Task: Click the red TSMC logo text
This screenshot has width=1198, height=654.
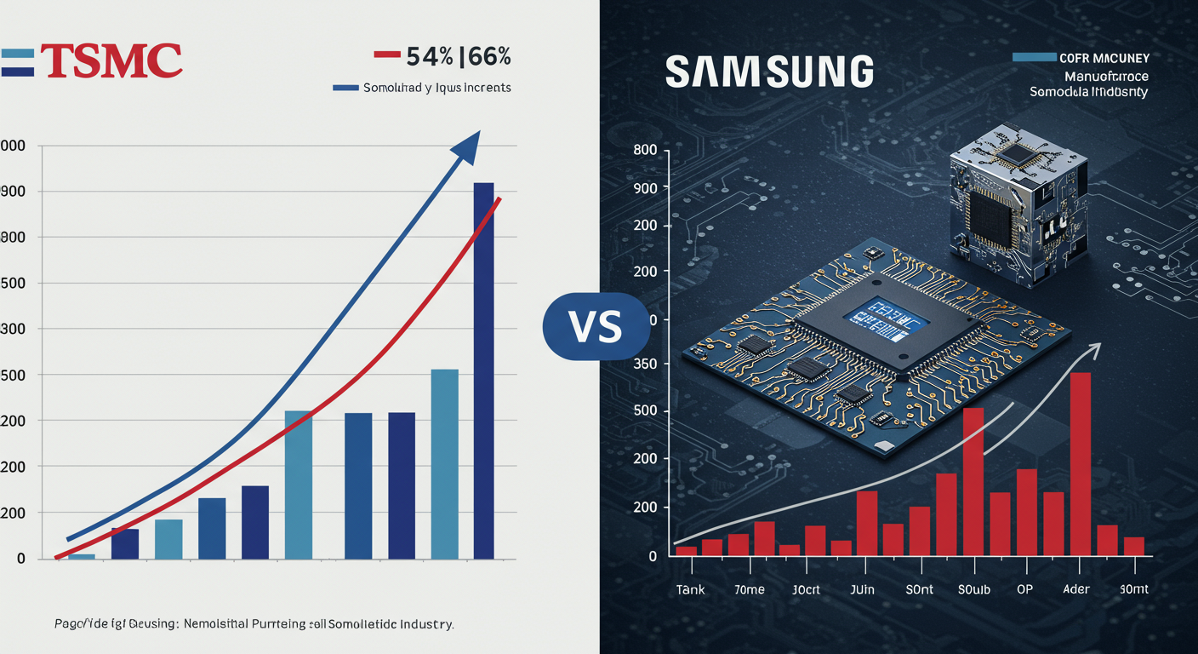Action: (x=111, y=61)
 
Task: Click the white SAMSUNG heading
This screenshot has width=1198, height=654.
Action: (x=769, y=72)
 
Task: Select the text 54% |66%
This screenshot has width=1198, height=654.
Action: (x=459, y=57)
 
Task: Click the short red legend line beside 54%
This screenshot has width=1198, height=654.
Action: (x=387, y=54)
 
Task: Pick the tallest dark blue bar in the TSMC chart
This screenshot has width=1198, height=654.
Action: (x=483, y=370)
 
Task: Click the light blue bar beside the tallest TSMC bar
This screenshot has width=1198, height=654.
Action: (x=444, y=463)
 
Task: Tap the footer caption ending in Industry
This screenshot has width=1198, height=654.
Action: (x=247, y=624)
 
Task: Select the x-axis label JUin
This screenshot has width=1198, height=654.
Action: (x=862, y=590)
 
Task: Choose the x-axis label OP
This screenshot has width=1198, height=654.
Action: (x=1025, y=590)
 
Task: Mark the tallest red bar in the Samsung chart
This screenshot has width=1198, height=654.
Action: (x=1080, y=463)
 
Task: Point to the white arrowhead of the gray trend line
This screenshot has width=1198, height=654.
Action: (x=1093, y=348)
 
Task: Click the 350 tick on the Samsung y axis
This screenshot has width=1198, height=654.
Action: (x=647, y=364)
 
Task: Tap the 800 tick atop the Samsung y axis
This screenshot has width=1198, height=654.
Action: (x=646, y=150)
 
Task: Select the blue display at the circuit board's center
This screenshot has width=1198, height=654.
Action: (x=885, y=314)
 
